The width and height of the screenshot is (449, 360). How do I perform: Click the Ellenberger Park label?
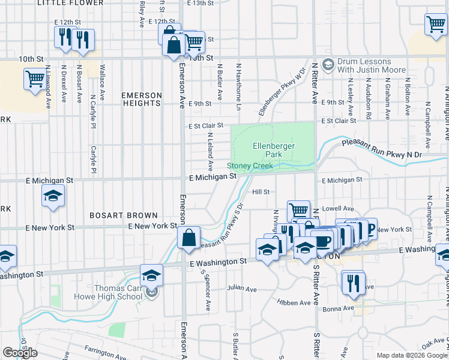(267, 150)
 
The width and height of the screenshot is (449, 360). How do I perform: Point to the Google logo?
(20, 353)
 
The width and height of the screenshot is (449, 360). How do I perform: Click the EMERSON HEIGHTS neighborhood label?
(142, 99)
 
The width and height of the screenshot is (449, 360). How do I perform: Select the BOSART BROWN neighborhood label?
(123, 215)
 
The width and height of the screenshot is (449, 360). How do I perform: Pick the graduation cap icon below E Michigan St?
(53, 196)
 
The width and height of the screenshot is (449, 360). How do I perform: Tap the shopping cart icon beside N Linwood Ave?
(35, 78)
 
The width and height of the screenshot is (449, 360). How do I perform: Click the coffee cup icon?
(322, 241)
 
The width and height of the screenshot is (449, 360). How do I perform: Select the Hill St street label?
(262, 192)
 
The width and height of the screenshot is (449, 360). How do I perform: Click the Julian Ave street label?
(242, 289)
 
